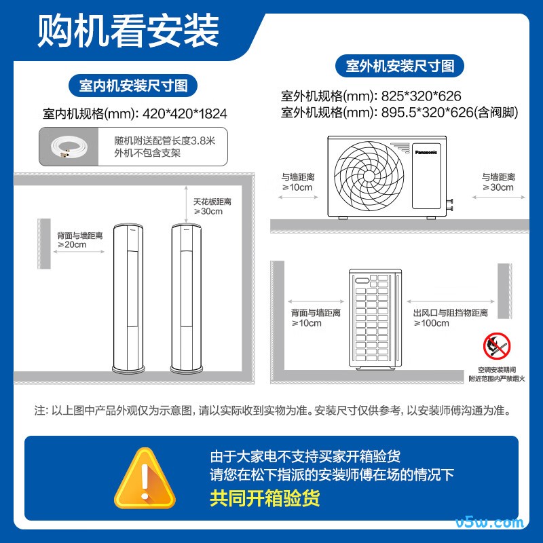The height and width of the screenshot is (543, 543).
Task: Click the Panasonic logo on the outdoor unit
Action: pyautogui.click(x=426, y=152)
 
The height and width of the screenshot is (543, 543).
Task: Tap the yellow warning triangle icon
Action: pyautogui.click(x=145, y=478)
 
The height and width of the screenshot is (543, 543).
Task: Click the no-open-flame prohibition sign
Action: pyautogui.click(x=497, y=346)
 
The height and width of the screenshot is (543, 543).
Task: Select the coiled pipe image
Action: pyautogui.click(x=69, y=147)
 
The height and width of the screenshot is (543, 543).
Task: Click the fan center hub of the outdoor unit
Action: pyautogui.click(x=369, y=176)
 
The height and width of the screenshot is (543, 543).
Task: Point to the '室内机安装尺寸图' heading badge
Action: pyautogui.click(x=133, y=86)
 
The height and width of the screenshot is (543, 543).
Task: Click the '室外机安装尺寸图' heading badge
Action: pyautogui.click(x=400, y=66)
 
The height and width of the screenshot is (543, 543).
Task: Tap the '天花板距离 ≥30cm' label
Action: pyautogui.click(x=212, y=206)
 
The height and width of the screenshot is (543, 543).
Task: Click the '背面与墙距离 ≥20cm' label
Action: pyautogui.click(x=80, y=240)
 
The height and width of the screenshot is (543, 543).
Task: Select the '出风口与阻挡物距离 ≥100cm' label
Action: pyautogui.click(x=450, y=318)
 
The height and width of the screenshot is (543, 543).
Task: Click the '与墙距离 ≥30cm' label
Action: pyautogui.click(x=498, y=182)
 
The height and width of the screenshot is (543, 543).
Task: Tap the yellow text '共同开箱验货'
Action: pyautogui.click(x=265, y=498)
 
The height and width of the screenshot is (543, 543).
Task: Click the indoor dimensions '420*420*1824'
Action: pyautogui.click(x=185, y=113)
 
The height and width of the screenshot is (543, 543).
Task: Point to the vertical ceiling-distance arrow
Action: pyautogui.click(x=186, y=205)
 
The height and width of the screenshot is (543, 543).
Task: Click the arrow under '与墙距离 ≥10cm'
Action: pyautogui.click(x=298, y=198)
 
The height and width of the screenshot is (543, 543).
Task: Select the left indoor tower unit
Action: pyautogui.click(x=128, y=299)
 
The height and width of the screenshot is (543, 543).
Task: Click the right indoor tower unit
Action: pyautogui.click(x=186, y=299)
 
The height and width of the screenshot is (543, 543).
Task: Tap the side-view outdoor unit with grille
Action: pyautogui.click(x=375, y=319)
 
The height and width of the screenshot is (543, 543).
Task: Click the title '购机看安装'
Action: pyautogui.click(x=128, y=31)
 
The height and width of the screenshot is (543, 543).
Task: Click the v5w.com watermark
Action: pyautogui.click(x=489, y=522)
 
